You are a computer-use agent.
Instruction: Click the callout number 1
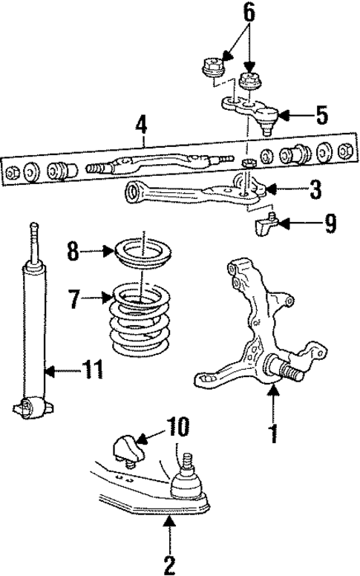[x=274, y=432]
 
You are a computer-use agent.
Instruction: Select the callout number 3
[x=315, y=190]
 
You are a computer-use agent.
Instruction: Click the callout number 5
[x=321, y=115]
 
